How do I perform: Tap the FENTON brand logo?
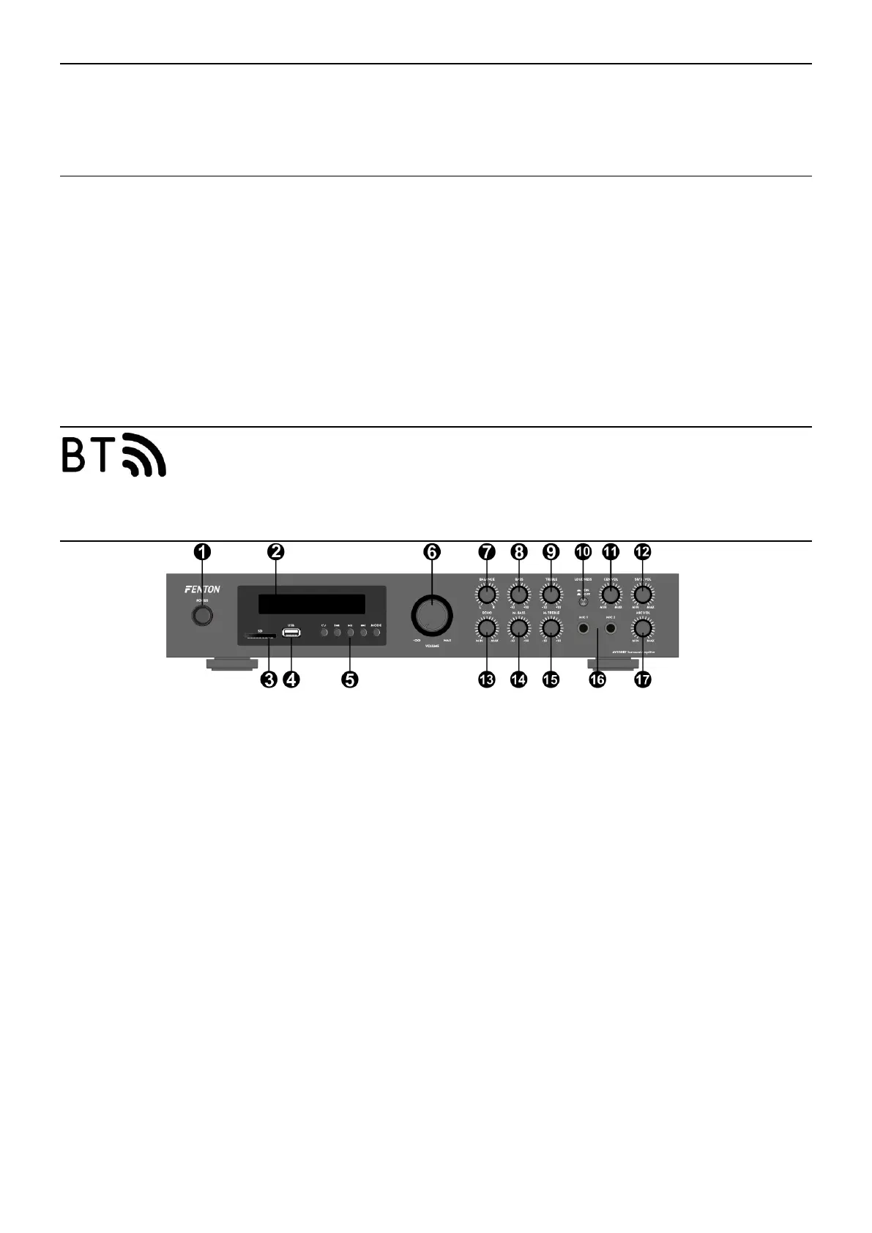(202, 589)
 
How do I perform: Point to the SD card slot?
(260, 636)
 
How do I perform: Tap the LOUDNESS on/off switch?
(584, 603)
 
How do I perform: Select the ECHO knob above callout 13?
(486, 627)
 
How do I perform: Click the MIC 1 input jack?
(584, 627)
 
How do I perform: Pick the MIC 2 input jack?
(610, 627)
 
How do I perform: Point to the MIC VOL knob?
(642, 627)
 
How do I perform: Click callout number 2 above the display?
(275, 552)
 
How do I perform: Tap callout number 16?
(597, 679)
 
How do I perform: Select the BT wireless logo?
(113, 455)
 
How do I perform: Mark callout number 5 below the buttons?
(350, 679)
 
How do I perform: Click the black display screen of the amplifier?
(311, 604)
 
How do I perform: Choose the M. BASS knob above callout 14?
(518, 627)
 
